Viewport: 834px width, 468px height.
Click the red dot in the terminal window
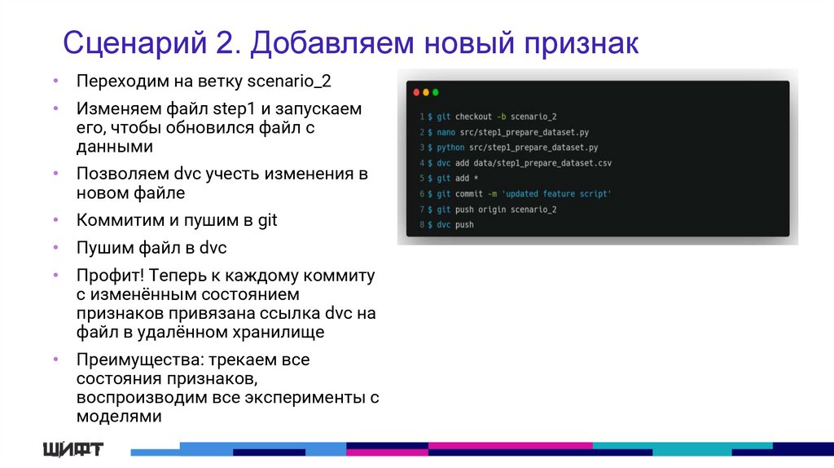(x=416, y=93)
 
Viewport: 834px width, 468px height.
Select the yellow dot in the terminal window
(x=426, y=93)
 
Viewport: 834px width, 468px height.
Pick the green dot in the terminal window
(x=436, y=93)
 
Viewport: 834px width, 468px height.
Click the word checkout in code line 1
(x=473, y=117)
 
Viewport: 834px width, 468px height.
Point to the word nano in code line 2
(x=446, y=132)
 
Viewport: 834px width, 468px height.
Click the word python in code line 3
(x=450, y=148)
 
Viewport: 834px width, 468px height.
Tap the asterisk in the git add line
(x=474, y=179)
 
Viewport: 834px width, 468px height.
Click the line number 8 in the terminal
(x=422, y=225)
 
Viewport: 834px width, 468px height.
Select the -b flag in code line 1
(x=502, y=117)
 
